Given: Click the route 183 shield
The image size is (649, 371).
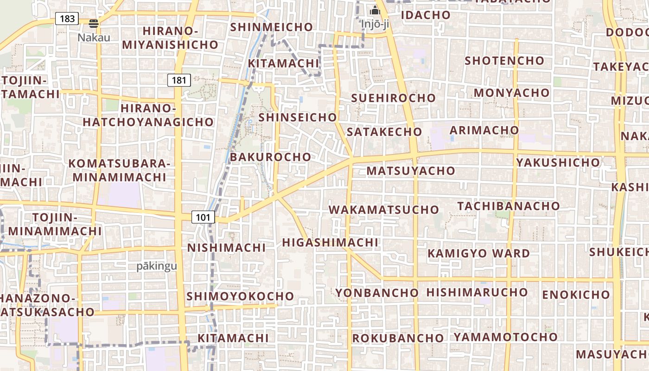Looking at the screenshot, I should coord(67,19).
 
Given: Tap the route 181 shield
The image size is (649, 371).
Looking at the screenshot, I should coord(179,80).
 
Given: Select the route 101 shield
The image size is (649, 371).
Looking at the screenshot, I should coord(203,217).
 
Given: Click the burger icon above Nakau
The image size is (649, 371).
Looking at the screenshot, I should coord(94,24).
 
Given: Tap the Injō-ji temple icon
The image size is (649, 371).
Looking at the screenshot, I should coord(375,10).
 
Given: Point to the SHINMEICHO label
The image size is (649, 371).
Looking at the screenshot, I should coord(272,27).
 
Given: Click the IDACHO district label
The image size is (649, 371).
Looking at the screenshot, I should coord(426,15).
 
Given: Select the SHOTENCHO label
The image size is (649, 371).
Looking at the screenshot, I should coord(504,61).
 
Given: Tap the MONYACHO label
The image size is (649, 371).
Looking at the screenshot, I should coord(511,93).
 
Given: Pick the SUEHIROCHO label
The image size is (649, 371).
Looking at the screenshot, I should coord(393,98).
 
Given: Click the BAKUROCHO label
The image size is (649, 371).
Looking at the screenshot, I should coord(270,157).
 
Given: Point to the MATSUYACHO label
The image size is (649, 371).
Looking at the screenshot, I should coord(411,171).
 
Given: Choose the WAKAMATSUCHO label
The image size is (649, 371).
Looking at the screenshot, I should coord(384,210).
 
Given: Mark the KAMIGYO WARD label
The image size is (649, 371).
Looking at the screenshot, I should coord(478,254).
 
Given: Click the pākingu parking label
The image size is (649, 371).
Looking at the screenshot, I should coord(157,266).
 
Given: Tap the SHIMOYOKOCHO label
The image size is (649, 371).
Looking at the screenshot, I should coord(240,296).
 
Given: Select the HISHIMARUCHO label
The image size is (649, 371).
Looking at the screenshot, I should coord(477,293).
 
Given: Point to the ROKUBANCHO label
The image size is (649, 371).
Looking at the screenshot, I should coord(398,339).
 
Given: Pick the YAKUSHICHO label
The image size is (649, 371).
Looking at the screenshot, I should coord(558,163).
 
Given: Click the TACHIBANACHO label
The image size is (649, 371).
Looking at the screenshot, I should coord(509,206).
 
